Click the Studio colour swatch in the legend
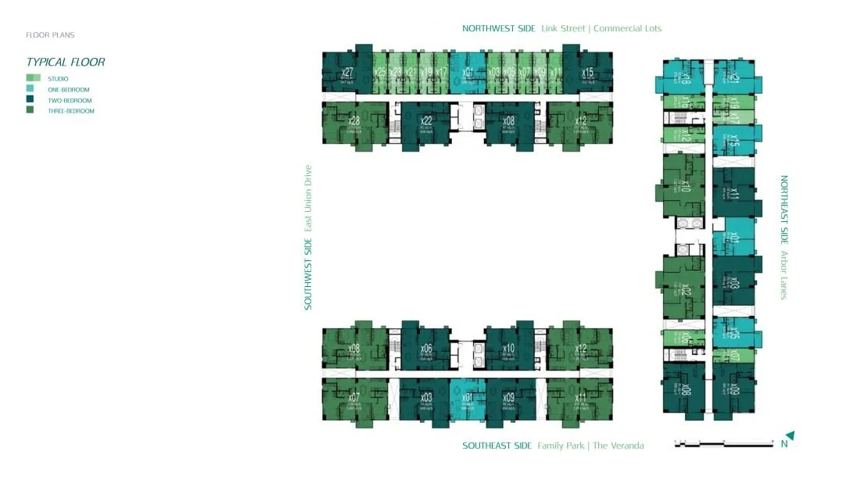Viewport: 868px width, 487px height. pos(33,78)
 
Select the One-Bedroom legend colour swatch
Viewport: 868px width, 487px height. pos(33,89)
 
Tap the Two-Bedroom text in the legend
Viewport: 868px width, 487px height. pos(70,101)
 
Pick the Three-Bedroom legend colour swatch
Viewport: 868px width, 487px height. pos(33,111)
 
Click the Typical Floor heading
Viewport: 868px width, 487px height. pos(65,63)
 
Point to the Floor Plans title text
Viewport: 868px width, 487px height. pos(50,35)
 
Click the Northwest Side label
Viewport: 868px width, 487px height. pos(498,29)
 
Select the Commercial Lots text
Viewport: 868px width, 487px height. pos(627,29)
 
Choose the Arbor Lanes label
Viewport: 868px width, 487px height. pos(784,274)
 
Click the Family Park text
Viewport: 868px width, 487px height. pos(562,446)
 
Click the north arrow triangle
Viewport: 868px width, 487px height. pos(791,435)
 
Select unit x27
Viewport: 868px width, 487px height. pos(347,73)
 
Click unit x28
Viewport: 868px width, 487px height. pos(354,121)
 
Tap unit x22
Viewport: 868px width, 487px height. pos(426,121)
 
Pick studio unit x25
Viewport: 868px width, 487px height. pos(380,73)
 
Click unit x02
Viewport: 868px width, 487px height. pos(685,291)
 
